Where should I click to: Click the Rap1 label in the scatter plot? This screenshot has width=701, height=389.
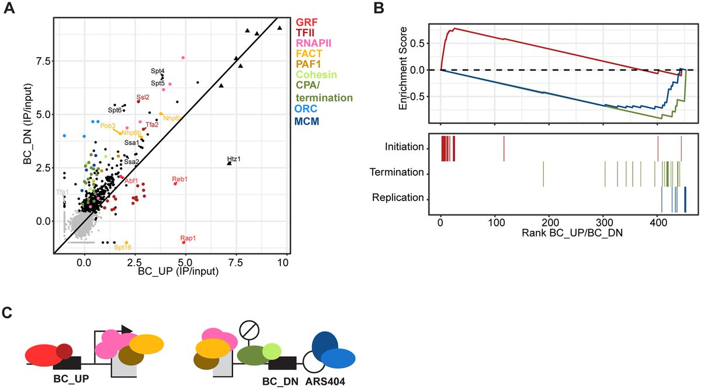click(188, 238)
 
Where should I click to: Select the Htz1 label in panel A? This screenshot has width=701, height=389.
click(234, 159)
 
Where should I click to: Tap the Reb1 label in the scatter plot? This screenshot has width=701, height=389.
click(180, 179)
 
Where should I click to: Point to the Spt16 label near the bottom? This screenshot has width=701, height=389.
click(123, 248)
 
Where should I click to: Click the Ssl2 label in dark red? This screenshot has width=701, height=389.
click(143, 97)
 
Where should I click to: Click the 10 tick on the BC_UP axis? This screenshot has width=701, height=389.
click(283, 262)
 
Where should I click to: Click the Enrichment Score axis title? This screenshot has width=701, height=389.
click(403, 74)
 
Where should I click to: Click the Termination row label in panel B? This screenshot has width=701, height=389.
click(396, 172)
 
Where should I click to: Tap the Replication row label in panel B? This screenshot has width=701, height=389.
click(397, 197)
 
